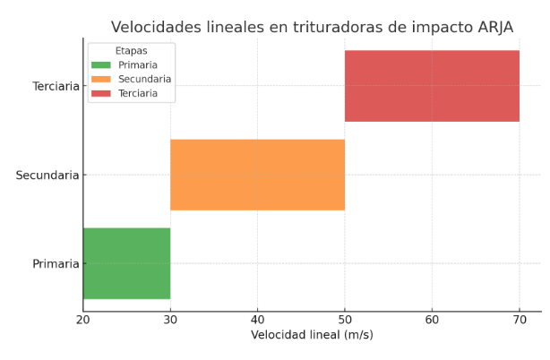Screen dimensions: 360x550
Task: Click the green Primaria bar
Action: (x=126, y=263)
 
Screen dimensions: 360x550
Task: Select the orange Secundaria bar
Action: (x=257, y=175)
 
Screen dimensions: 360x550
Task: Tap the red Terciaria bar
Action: (x=432, y=86)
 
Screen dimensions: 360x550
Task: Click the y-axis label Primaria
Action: (x=56, y=264)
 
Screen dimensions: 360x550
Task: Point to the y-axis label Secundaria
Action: (x=47, y=176)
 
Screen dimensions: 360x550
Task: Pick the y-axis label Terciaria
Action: (x=56, y=87)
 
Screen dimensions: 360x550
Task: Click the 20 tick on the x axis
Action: (x=83, y=320)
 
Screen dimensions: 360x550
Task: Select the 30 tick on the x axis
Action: (x=170, y=320)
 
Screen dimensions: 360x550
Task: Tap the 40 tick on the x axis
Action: (x=257, y=320)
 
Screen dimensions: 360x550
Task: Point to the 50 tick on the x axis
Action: (x=345, y=320)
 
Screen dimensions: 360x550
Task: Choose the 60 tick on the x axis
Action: (x=432, y=320)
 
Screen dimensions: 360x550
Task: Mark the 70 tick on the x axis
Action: (x=520, y=320)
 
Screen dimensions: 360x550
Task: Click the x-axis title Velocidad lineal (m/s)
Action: (x=312, y=336)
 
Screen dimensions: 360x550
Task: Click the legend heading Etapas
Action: (x=131, y=51)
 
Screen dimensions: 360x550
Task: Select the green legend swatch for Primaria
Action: (x=101, y=65)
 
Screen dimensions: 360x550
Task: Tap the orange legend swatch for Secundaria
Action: (x=101, y=79)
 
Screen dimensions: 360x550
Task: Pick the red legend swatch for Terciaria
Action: (x=101, y=93)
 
